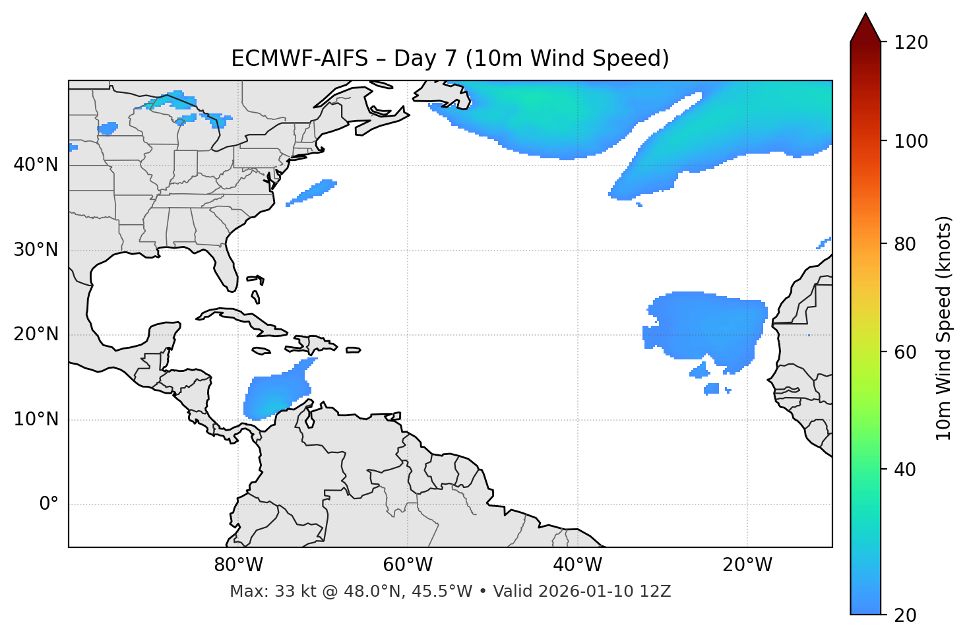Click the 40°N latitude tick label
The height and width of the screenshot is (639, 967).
(x=36, y=165)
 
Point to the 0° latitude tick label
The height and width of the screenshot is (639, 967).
(x=49, y=504)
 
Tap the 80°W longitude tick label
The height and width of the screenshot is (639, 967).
(x=238, y=565)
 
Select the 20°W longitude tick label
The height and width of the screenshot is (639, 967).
(x=747, y=565)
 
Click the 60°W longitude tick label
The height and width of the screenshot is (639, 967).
(x=408, y=565)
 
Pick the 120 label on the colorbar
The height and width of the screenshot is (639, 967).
(x=910, y=42)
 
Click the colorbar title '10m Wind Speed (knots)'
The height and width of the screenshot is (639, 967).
(x=944, y=328)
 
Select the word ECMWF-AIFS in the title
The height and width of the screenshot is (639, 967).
(x=299, y=59)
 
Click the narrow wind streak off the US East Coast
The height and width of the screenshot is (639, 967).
(x=312, y=193)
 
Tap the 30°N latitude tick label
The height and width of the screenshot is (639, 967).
(x=36, y=250)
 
